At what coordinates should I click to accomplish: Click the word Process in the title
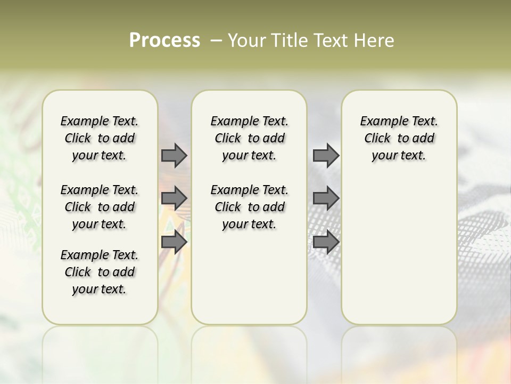(164, 41)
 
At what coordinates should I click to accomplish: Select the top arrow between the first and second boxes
(174, 155)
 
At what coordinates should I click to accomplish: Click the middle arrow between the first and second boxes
(174, 198)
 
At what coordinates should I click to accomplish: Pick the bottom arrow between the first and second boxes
(174, 242)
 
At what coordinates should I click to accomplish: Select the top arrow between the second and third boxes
(326, 155)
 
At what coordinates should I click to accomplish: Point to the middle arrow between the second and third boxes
(326, 198)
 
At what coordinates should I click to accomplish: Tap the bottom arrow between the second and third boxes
(326, 242)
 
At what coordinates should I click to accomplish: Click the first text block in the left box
(100, 138)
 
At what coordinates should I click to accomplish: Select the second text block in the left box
(100, 207)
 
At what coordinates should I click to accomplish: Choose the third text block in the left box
(100, 272)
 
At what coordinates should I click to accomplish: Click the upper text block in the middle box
(249, 138)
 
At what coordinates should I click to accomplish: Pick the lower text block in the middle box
(249, 207)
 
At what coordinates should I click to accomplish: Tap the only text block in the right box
(399, 138)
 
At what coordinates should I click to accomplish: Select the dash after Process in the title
(216, 41)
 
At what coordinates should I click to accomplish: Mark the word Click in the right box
(377, 139)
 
